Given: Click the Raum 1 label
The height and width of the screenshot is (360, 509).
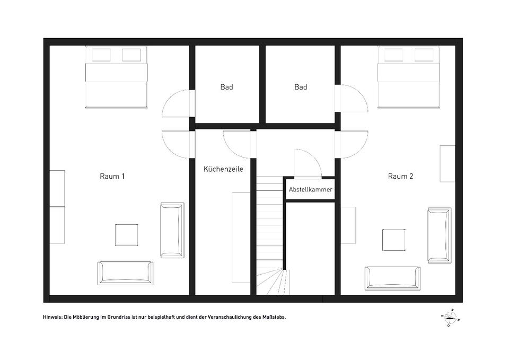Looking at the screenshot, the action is [112, 176].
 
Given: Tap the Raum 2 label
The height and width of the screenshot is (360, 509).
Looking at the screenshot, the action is [401, 176].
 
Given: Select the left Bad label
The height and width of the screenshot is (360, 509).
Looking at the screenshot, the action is [226, 87].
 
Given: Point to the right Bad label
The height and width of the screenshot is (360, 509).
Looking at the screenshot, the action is [301, 87].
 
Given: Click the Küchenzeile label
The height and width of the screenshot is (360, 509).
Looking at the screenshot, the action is [223, 169].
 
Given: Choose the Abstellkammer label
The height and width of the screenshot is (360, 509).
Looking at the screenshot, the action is [311, 190].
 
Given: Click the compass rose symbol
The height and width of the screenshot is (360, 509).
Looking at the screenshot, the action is [450, 317].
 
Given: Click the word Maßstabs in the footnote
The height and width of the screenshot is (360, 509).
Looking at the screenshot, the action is [274, 317].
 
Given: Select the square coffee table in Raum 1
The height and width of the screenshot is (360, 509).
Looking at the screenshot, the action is [126, 235].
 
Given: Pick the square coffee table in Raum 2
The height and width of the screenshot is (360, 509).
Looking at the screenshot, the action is [394, 240].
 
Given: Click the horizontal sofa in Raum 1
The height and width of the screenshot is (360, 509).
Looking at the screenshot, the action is [125, 274].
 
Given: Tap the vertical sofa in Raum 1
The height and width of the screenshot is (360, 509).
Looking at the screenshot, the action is [172, 231].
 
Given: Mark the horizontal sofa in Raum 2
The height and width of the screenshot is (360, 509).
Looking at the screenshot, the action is [392, 278].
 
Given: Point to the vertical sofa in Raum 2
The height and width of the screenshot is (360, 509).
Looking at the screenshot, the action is [440, 235].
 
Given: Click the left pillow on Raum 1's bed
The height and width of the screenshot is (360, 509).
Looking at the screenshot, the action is [101, 55].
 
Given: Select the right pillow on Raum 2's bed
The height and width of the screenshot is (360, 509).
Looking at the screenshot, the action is [424, 55].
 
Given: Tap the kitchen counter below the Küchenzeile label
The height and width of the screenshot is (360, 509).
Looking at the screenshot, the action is [241, 238].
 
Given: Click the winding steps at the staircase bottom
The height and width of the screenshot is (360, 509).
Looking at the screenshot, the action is [271, 282].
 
